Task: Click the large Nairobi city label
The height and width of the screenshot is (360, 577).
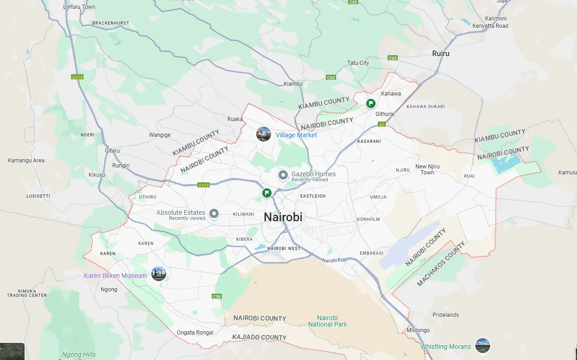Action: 283,217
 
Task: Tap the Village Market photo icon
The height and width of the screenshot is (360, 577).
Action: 264,134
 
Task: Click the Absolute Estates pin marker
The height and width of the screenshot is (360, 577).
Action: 214,214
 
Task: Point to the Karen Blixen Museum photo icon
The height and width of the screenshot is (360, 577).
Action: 159,274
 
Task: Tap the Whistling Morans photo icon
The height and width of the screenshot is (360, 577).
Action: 483,346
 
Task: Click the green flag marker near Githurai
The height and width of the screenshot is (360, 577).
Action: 371,103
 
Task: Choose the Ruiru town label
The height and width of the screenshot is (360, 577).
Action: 441,53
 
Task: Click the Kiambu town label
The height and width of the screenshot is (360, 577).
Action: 293,84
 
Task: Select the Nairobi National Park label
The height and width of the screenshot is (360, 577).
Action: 328,321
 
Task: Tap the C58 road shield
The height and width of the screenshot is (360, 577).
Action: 216,296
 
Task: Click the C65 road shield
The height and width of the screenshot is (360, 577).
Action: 353,2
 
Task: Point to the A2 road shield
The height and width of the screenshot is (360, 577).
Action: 382,124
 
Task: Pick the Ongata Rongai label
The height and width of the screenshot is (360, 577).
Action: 195,333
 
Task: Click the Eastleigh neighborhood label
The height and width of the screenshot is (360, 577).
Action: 313,196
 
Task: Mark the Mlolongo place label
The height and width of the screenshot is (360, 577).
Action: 418,330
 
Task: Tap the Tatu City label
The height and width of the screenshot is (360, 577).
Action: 358,63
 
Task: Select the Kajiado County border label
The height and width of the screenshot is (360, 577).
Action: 260,337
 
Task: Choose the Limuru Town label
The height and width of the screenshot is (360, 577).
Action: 80,7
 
